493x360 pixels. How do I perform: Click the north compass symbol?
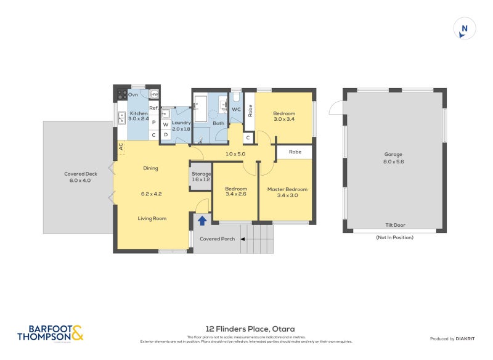465,29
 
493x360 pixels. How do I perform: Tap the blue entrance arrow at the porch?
202,220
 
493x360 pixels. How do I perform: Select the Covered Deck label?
78,178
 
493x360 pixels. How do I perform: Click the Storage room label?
201,177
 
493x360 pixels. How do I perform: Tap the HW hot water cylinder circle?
154,94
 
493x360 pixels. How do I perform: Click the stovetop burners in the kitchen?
122,95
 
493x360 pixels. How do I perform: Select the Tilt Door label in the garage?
394,226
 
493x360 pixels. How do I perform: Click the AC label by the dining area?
121,147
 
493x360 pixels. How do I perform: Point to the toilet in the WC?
237,99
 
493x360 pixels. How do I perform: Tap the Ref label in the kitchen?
153,108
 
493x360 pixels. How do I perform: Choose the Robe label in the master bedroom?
295,152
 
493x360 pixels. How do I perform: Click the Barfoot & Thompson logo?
50,333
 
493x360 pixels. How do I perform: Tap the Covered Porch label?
217,239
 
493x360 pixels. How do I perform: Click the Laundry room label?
181,125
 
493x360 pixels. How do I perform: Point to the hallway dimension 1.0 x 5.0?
235,153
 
